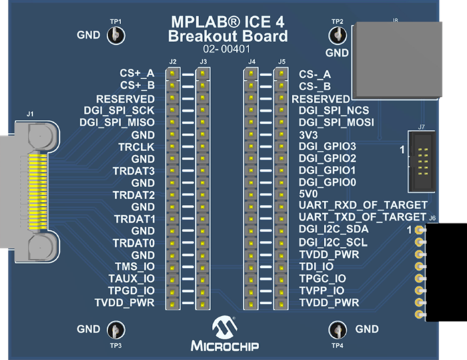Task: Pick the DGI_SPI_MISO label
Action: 117,123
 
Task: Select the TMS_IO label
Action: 134,267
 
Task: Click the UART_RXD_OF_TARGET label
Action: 362,205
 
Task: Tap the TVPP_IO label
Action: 322,291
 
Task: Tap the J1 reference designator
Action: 30,115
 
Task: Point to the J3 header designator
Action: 203,62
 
